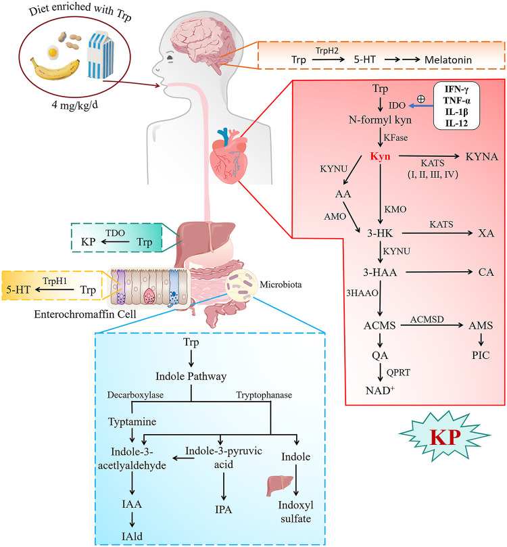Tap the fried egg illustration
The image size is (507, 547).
[53, 52]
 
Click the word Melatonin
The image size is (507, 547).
[448, 60]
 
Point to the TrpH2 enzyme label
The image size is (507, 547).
[327, 51]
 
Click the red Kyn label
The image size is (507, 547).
[380, 156]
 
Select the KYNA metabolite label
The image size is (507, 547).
[481, 157]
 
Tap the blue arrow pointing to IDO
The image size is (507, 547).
[421, 105]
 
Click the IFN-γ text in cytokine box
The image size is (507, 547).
[456, 89]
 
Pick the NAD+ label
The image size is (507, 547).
[380, 390]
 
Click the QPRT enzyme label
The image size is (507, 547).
[398, 373]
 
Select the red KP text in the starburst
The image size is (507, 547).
[445, 436]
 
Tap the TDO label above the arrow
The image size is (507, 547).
[115, 233]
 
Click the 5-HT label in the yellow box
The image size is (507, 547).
[18, 289]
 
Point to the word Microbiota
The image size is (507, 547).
[281, 284]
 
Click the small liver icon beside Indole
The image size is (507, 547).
[274, 486]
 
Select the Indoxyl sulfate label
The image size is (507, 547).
[295, 511]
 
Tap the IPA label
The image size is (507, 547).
[223, 509]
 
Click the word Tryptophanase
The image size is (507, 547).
[264, 395]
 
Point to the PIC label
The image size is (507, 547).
[481, 355]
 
